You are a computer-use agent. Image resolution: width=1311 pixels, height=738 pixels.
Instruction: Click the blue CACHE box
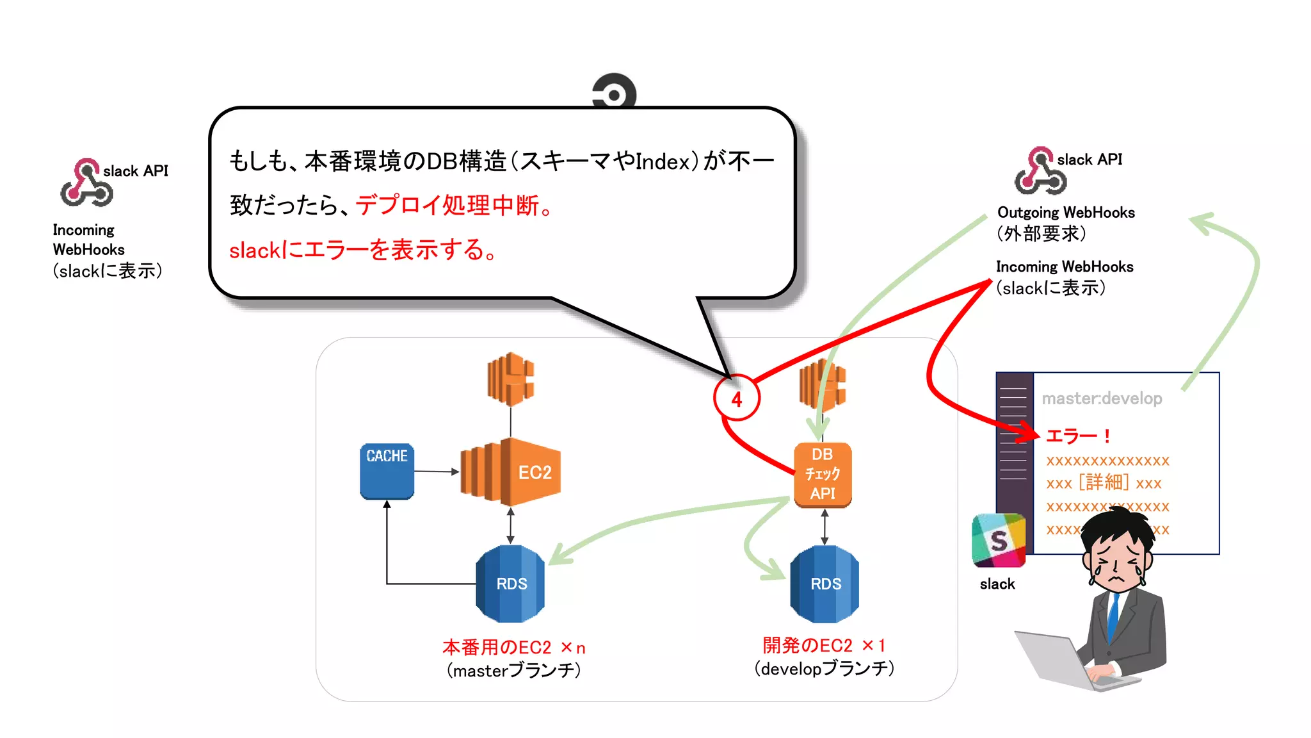[387, 471]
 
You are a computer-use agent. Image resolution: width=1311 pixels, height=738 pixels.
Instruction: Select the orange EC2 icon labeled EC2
[511, 472]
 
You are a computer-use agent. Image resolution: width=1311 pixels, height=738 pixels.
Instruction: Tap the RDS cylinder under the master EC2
[510, 584]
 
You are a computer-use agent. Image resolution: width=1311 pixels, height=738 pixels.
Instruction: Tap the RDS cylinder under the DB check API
[824, 584]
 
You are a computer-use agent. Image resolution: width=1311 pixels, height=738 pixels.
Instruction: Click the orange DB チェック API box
[823, 474]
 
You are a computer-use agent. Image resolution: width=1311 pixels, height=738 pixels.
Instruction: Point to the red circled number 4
[737, 398]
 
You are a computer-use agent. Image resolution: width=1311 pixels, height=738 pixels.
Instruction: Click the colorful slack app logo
[998, 540]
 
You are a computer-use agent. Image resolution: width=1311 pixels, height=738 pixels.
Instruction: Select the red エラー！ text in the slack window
[1077, 436]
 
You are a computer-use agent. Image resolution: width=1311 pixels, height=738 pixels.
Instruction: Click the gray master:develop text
[1102, 398]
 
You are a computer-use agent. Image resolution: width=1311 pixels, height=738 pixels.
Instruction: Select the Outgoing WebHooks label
[1066, 213]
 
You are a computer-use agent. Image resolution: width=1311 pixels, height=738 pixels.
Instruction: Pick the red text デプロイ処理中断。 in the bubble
[454, 206]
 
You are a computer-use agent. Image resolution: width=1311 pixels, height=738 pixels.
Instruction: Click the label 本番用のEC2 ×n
[513, 647]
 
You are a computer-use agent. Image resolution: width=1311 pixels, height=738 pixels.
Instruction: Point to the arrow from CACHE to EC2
[437, 471]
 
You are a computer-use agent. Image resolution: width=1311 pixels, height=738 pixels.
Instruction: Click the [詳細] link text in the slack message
[1103, 482]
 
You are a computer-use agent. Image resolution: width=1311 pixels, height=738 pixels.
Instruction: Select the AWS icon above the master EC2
[510, 379]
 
